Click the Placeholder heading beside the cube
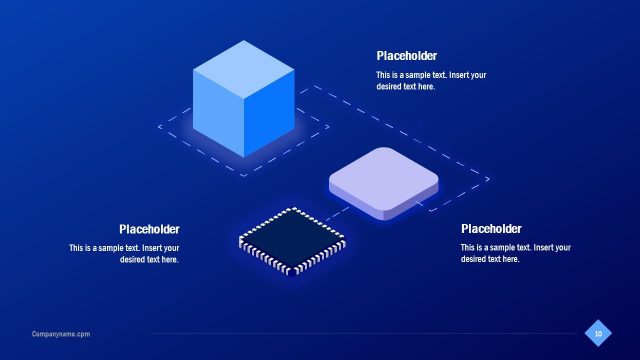click(x=406, y=56)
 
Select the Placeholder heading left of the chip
click(x=149, y=229)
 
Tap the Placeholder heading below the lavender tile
click(x=491, y=229)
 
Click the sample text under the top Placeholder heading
click(x=431, y=81)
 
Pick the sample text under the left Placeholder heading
click(x=124, y=253)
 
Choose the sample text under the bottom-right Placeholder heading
click(x=515, y=253)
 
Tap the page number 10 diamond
click(x=598, y=333)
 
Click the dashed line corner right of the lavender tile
click(x=488, y=180)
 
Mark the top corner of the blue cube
click(x=243, y=41)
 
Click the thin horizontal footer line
click(x=360, y=334)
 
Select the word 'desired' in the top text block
click(x=390, y=87)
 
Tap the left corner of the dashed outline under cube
click(x=159, y=126)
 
